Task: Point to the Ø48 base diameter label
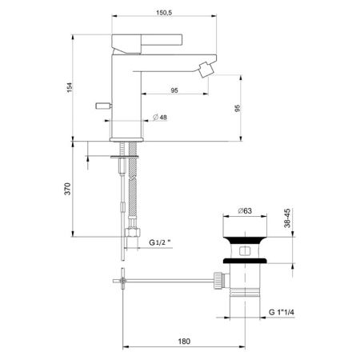(160, 118)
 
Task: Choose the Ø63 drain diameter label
(246, 210)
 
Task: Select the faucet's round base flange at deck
(126, 141)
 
